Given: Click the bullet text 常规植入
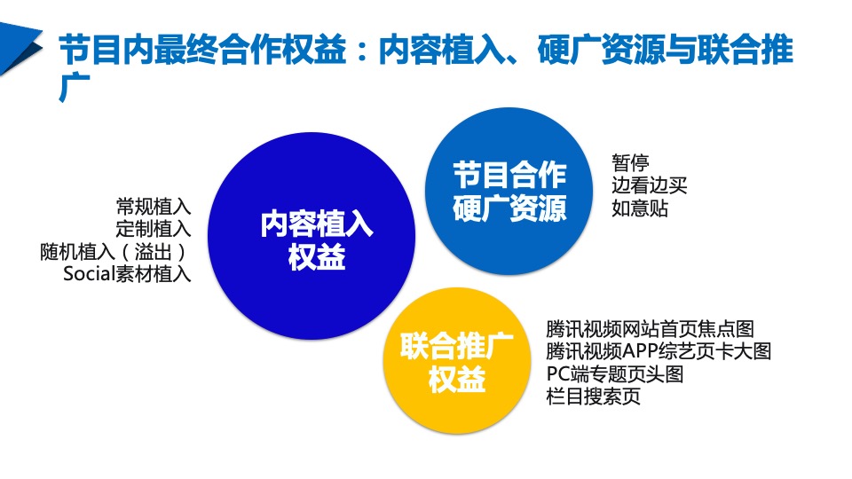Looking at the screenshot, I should click(154, 208).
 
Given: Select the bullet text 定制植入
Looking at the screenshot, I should click(154, 230).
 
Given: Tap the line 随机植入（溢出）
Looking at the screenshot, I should click(115, 252).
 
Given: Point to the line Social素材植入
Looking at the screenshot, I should click(127, 274).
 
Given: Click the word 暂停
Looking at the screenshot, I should click(630, 163).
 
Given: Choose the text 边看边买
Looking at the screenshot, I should click(650, 186).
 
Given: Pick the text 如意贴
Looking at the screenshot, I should click(640, 209).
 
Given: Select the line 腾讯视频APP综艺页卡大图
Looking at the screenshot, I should click(659, 351).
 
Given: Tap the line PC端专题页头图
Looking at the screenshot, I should click(615, 373).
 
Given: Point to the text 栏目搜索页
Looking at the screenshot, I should click(594, 397).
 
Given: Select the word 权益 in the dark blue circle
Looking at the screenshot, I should click(317, 259).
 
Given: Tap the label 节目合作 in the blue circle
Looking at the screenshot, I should click(509, 173).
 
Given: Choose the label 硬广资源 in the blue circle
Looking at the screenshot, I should click(509, 209).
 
